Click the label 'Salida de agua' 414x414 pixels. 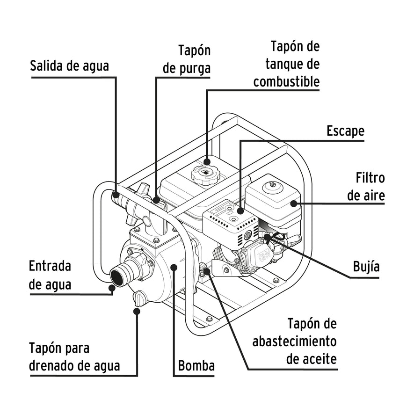(69, 65)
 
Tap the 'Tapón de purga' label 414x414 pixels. (187, 59)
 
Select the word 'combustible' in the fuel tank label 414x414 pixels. (286, 81)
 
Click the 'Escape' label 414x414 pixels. (345, 131)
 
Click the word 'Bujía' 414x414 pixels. (366, 267)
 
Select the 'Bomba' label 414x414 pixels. (196, 365)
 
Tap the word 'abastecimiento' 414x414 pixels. (294, 341)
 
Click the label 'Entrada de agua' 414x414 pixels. (50, 275)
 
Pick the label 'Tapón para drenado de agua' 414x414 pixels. (74, 357)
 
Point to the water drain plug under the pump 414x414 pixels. (139, 298)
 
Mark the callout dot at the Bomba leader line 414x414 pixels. (174, 267)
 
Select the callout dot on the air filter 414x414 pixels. (294, 203)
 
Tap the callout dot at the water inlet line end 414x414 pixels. (112, 288)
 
